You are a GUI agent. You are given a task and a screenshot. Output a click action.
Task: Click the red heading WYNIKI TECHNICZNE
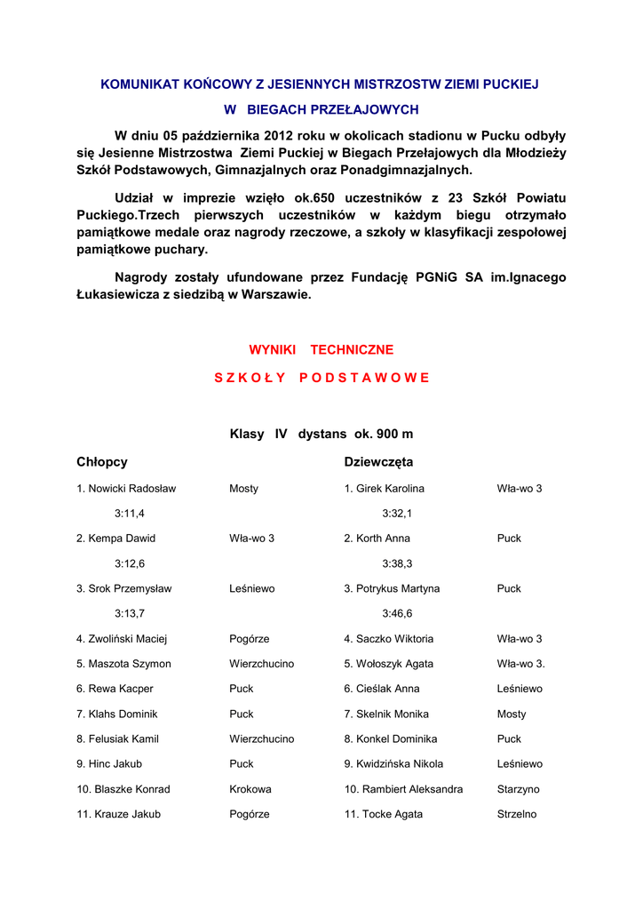click(321, 350)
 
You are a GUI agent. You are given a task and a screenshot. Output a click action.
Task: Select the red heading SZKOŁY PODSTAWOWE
click(321, 378)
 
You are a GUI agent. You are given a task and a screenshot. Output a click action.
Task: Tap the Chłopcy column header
click(102, 462)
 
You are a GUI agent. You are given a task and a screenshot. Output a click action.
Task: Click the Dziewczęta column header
click(378, 462)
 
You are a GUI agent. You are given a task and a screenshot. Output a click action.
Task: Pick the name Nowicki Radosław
click(126, 489)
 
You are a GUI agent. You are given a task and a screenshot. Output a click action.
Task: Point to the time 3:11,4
click(130, 514)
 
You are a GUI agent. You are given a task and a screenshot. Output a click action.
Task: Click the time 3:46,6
click(397, 613)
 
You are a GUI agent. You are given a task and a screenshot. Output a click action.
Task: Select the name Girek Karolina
click(385, 489)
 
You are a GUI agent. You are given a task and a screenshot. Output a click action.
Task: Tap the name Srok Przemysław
click(124, 589)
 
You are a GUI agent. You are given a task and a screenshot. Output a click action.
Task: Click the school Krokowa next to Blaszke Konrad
click(250, 789)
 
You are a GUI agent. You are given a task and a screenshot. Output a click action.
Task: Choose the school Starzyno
click(519, 789)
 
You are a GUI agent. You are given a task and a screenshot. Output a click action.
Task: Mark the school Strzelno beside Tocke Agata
click(517, 814)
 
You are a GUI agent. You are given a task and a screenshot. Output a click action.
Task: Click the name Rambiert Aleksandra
click(404, 789)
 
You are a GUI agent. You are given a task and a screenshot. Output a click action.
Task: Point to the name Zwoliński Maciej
click(123, 639)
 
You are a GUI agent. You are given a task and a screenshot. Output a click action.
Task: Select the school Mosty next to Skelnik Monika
click(512, 714)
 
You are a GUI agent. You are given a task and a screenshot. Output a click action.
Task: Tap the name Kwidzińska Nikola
click(394, 764)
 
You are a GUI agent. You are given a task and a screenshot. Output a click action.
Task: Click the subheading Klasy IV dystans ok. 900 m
click(321, 435)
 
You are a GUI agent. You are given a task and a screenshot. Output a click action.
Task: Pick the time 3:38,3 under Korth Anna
click(397, 563)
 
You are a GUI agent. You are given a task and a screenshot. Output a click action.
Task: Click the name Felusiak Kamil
click(118, 739)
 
